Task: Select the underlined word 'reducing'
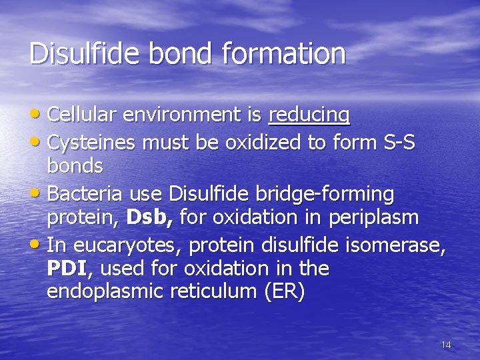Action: click(x=309, y=115)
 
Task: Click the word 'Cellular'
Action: click(x=85, y=115)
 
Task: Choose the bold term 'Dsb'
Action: click(x=150, y=217)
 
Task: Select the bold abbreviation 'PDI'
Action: click(x=67, y=269)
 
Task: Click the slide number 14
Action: click(x=446, y=345)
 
